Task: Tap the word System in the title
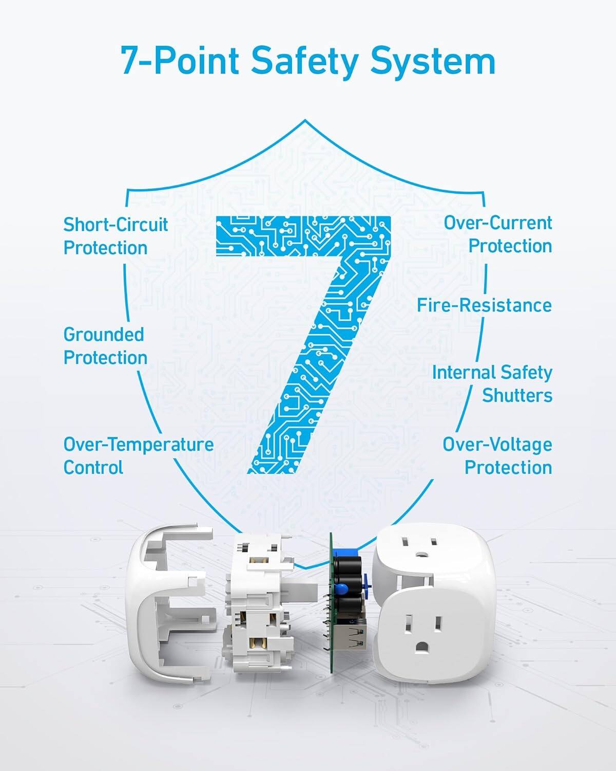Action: click(433, 61)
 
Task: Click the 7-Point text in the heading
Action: click(180, 61)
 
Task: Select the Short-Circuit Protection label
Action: click(115, 236)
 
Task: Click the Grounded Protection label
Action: click(105, 346)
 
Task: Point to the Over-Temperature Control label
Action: click(138, 456)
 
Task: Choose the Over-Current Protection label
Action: click(498, 234)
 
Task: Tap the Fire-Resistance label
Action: click(484, 305)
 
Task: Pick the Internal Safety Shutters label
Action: click(492, 384)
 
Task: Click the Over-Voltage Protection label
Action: click(497, 456)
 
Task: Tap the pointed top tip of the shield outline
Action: click(305, 121)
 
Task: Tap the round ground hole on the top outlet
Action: click(422, 555)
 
